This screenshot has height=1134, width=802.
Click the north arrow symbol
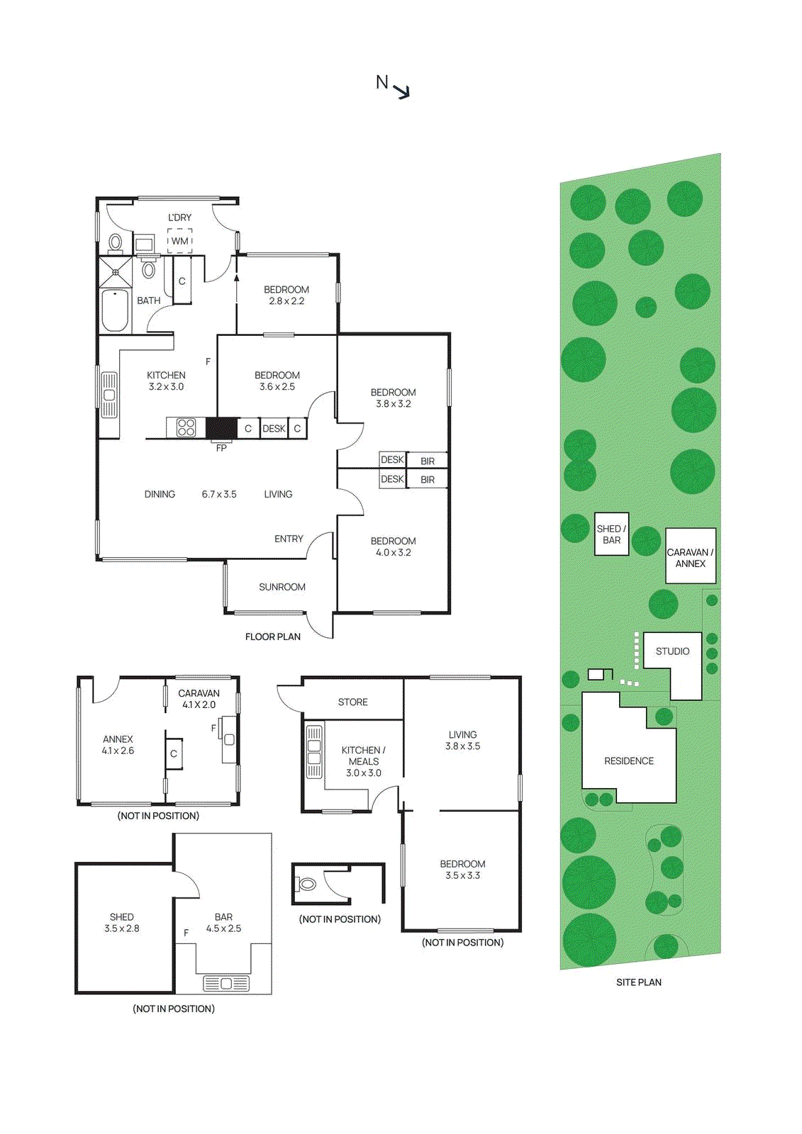(x=402, y=91)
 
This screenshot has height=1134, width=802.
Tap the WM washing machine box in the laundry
(x=180, y=240)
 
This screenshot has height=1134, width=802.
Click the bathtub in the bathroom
(x=115, y=310)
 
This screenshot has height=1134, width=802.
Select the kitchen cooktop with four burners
(x=186, y=427)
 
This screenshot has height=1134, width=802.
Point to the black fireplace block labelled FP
(x=222, y=428)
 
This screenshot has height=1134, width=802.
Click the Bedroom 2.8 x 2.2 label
(x=286, y=295)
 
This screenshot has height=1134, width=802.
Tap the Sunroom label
(x=282, y=587)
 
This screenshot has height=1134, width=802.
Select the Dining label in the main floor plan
(x=160, y=494)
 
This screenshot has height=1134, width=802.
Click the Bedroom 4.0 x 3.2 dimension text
(x=394, y=552)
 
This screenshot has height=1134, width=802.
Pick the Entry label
(x=289, y=539)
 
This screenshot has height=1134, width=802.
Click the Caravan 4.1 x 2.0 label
(x=199, y=699)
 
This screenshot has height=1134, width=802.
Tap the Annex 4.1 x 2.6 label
(x=118, y=744)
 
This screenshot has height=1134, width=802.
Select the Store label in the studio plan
(x=352, y=702)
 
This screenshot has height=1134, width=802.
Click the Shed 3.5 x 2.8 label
(x=122, y=922)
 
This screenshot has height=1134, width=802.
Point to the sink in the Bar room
(x=226, y=983)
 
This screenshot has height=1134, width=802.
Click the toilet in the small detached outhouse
(x=308, y=884)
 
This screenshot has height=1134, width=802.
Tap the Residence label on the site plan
(x=629, y=760)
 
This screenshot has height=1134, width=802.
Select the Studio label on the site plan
(x=672, y=651)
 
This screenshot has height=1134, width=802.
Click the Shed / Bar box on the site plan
(x=611, y=534)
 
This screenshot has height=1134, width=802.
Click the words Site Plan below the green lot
(x=638, y=982)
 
